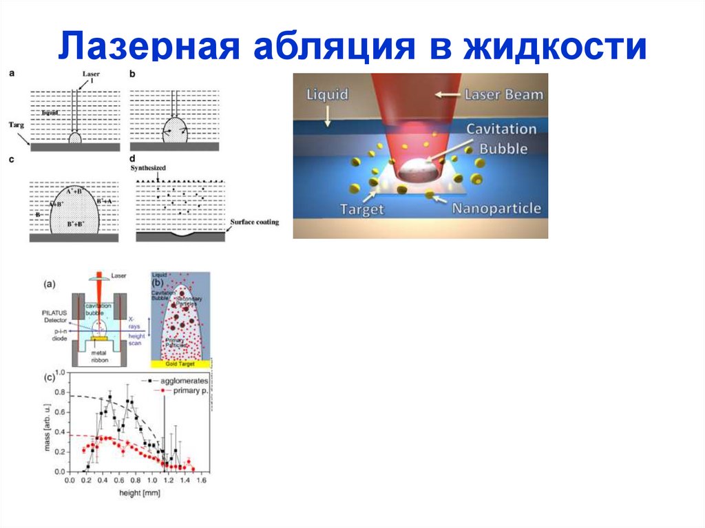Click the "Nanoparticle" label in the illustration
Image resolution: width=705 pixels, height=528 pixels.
click(497, 209)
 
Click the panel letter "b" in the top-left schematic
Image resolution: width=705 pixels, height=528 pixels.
click(132, 73)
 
